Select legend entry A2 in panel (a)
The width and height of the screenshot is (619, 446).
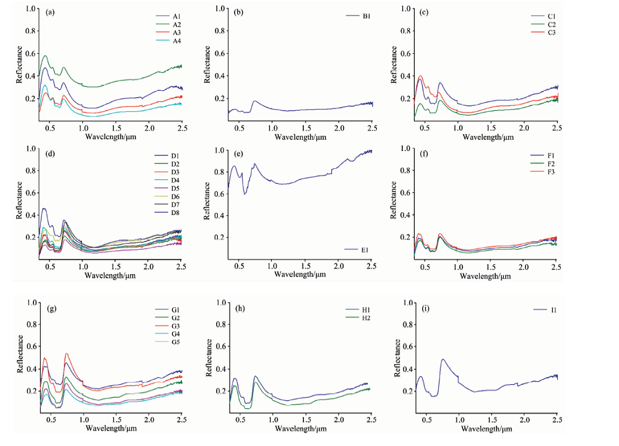coord(176,24)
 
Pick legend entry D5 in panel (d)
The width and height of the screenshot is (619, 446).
coord(176,187)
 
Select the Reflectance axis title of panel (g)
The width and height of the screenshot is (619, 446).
coord(20,353)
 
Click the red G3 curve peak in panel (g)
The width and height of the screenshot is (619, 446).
coord(66,354)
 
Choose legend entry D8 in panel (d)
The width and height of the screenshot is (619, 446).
coord(176,212)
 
